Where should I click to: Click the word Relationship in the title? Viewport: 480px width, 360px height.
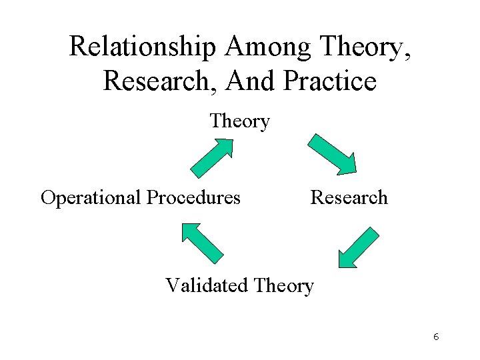pos(143,47)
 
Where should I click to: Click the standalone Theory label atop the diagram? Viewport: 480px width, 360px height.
pos(239,121)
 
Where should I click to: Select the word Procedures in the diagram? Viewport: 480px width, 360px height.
pos(193,198)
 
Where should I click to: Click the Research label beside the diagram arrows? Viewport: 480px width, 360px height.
pos(349,197)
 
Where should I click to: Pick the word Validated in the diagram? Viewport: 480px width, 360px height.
pos(207,285)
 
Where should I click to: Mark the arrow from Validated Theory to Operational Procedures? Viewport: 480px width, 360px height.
pos(203,242)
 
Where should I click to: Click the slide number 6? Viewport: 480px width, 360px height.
pos(435,337)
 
